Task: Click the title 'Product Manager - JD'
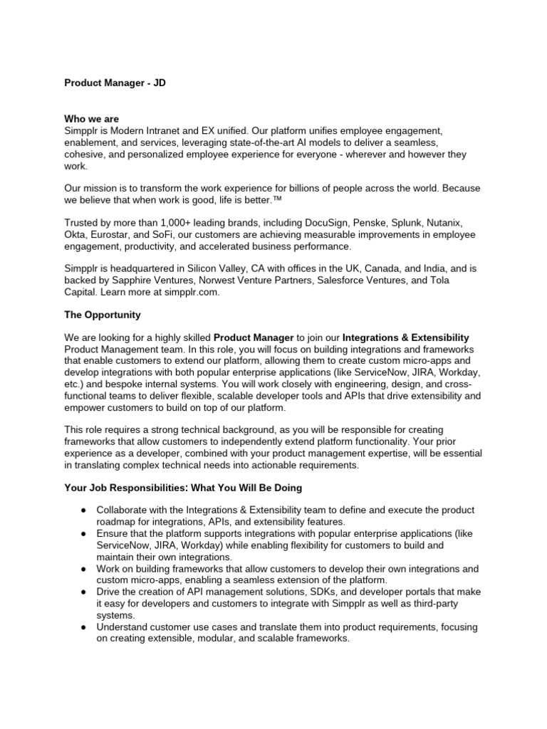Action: point(115,83)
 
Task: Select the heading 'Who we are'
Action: point(92,119)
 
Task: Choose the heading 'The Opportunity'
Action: point(103,315)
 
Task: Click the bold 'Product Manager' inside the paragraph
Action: point(254,337)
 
